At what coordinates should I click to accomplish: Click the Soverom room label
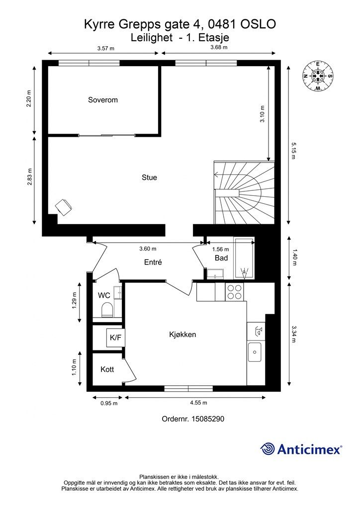pos(102,99)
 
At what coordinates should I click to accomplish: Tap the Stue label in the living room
pos(149,177)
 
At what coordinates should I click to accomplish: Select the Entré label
pos(153,262)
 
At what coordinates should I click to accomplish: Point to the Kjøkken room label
pos(182,335)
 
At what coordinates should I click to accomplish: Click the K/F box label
pos(115,338)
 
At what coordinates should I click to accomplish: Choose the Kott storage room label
pos(107,369)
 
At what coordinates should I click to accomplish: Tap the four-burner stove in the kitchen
pos(235,291)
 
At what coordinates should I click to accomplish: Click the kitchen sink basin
pos(255,352)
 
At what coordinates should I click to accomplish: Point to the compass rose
pos(318,76)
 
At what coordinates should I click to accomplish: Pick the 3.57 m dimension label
pos(106,48)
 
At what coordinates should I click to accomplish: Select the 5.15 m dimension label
pos(293,150)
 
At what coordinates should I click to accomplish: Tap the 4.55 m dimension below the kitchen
pos(198,403)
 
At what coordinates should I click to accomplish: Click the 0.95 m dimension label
pos(109,403)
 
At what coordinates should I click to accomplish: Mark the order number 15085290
pos(208,419)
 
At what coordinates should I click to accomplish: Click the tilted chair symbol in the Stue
pos(64,206)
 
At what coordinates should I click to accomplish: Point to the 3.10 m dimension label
pos(262,114)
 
